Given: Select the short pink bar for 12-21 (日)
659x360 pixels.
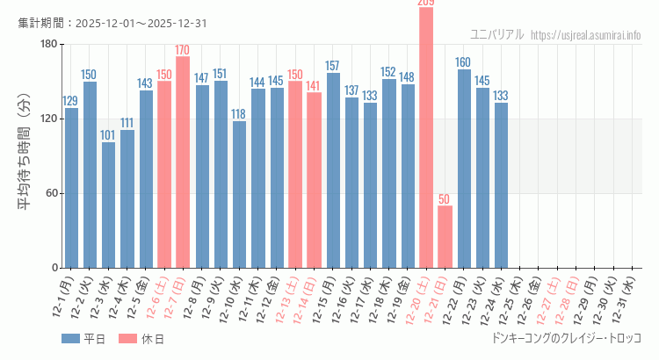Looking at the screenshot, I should (445, 237).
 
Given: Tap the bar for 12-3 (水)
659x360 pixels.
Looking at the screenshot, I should (108, 205).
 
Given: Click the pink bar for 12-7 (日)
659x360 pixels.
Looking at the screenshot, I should (183, 162).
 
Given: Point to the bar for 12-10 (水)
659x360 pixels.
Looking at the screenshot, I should (239, 195).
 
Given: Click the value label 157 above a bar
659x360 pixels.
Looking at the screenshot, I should (332, 66).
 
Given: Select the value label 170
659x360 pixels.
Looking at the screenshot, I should (183, 50).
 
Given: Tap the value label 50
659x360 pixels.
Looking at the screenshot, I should (445, 199).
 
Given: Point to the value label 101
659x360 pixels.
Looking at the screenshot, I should (108, 135).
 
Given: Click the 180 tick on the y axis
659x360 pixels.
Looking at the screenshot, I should (48, 45).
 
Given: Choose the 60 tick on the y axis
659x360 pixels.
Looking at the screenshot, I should (52, 193).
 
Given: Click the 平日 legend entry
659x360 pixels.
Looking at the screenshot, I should (83, 339).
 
